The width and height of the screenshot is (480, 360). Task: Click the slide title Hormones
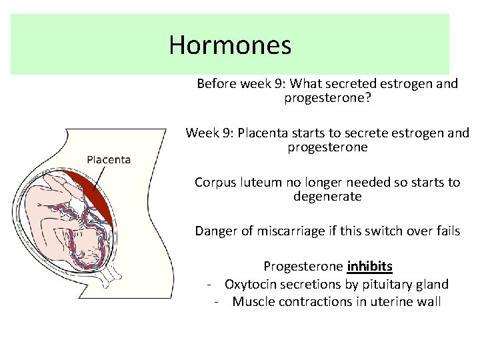[x=230, y=45]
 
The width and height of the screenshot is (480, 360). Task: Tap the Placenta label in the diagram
[x=109, y=159]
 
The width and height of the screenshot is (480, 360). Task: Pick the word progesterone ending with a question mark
[x=327, y=99]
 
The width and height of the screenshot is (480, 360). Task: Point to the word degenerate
[x=327, y=197]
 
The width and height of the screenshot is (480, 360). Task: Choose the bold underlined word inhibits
[x=369, y=267]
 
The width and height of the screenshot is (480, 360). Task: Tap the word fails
[x=446, y=231]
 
